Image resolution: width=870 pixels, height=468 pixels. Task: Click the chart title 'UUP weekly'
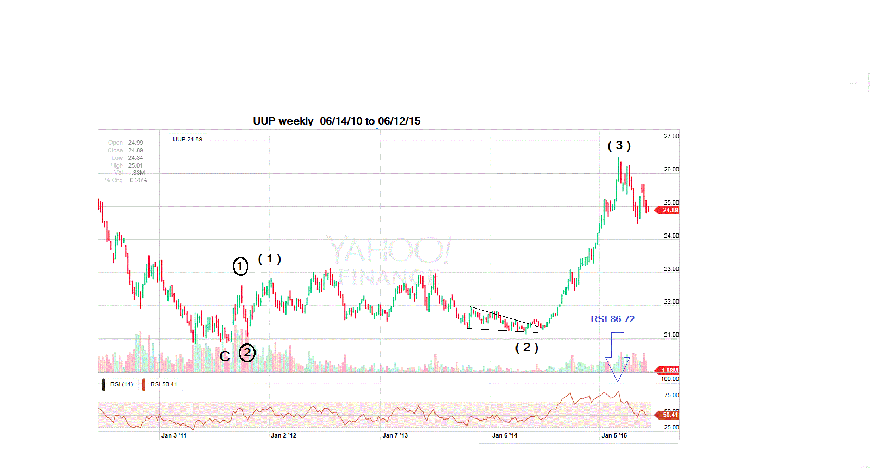[283, 121]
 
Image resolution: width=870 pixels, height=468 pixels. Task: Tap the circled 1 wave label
[240, 266]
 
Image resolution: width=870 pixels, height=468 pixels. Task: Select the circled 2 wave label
[247, 353]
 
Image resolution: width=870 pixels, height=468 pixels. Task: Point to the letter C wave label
[225, 356]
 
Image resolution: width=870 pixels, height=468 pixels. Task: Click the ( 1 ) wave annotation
[269, 259]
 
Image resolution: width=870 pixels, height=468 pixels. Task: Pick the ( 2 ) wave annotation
[526, 347]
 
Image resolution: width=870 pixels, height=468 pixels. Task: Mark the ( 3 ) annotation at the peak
[619, 145]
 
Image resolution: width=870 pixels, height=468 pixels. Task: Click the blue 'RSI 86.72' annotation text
[612, 319]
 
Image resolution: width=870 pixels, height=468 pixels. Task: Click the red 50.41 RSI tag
[669, 415]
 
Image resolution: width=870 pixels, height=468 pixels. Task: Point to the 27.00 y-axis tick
[671, 136]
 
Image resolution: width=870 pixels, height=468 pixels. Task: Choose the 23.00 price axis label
[671, 269]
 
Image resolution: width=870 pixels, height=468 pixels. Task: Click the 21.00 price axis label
[671, 335]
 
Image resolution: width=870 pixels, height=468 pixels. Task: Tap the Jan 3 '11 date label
[174, 435]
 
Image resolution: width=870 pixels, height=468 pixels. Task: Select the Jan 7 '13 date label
[395, 435]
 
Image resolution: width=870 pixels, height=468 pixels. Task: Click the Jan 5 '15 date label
[614, 435]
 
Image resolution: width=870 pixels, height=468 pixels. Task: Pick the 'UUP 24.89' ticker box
[188, 139]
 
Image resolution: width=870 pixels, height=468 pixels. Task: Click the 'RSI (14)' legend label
[121, 384]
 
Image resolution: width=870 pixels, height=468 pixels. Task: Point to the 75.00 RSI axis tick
[671, 395]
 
